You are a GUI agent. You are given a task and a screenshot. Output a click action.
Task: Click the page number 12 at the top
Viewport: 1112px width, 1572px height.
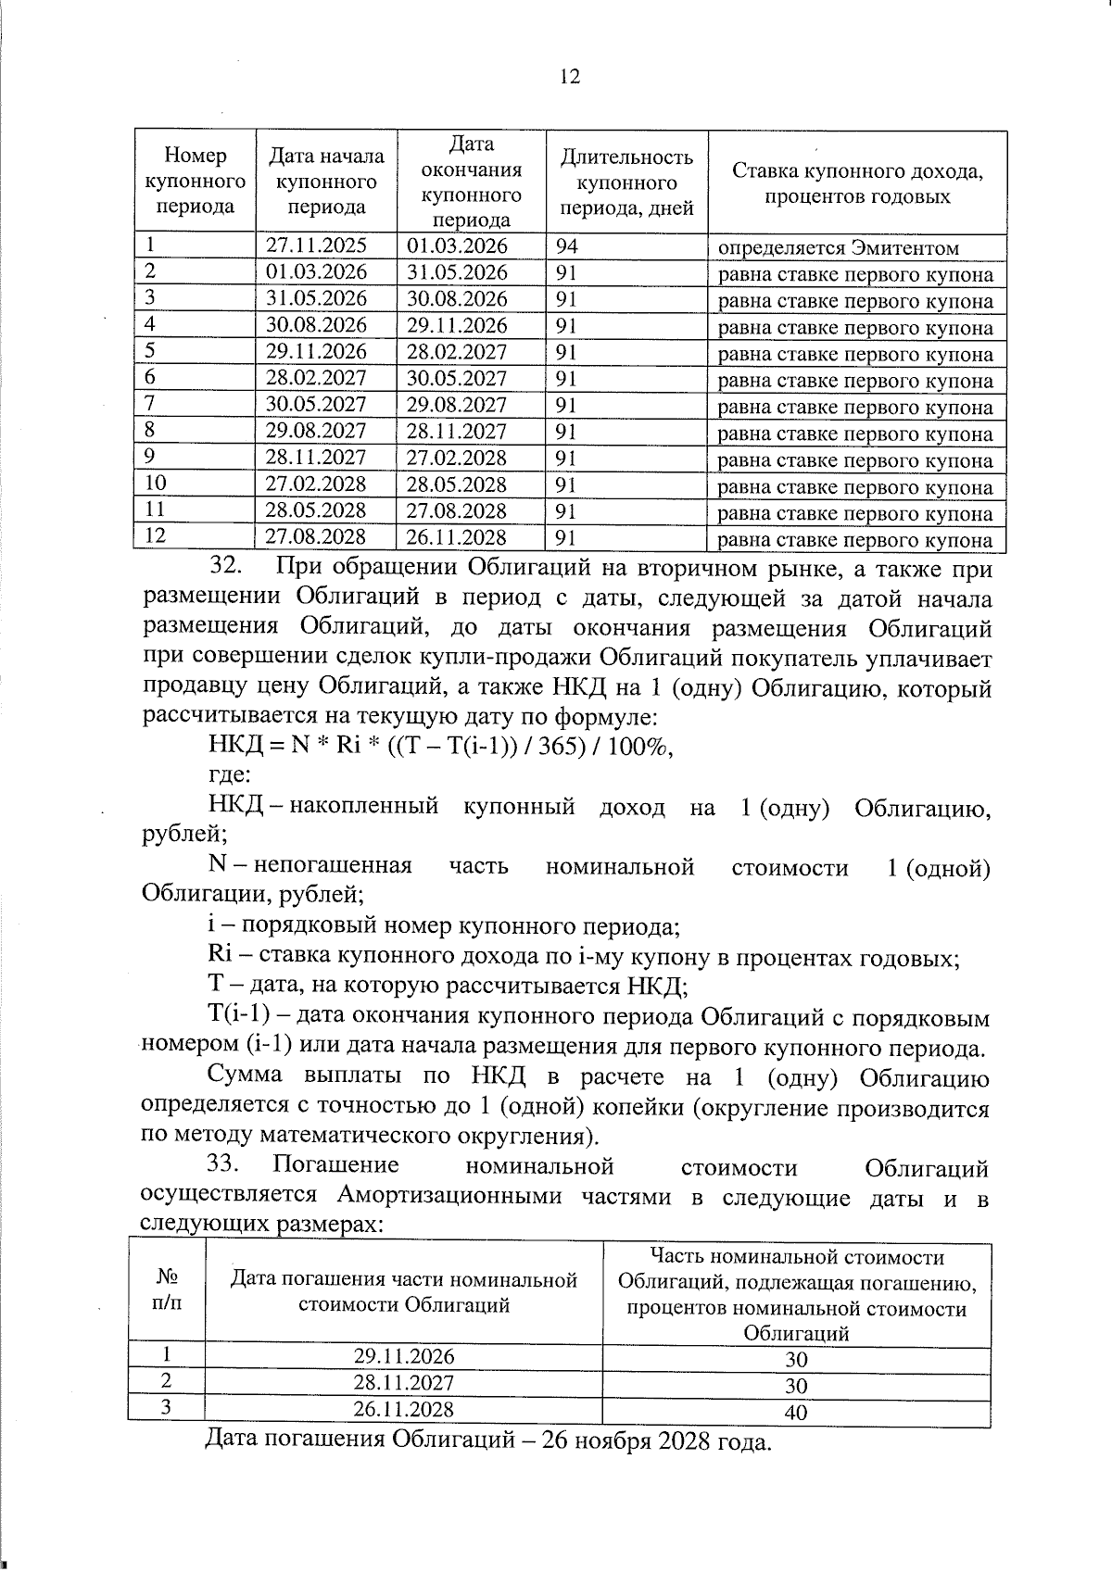[570, 77]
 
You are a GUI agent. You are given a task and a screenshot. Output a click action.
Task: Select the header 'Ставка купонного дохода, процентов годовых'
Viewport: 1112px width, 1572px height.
[856, 183]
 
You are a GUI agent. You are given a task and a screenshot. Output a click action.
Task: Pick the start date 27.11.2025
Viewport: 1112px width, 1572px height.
[316, 245]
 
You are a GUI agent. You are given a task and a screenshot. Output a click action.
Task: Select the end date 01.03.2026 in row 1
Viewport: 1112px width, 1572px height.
[458, 245]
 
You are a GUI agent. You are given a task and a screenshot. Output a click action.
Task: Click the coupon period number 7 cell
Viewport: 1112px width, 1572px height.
[150, 404]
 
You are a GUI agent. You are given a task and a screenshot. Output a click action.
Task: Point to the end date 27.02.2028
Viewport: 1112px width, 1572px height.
[458, 458]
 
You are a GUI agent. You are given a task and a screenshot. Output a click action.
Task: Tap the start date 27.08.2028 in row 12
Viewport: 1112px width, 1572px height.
[316, 537]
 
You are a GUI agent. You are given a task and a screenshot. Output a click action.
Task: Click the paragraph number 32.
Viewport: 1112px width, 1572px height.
[225, 567]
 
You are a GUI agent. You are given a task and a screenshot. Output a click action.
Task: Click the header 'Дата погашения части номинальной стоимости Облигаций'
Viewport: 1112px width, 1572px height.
[403, 1292]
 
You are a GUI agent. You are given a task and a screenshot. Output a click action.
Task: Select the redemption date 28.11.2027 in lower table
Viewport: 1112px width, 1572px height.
[403, 1383]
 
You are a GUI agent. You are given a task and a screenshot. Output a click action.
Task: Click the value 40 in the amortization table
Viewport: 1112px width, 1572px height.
[795, 1412]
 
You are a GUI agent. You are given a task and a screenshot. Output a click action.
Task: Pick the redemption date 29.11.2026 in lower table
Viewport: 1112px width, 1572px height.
[403, 1357]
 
